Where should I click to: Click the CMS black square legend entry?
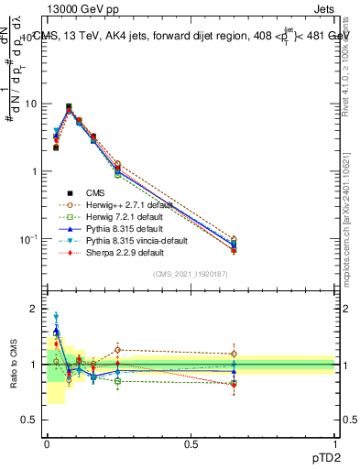pos(95,192)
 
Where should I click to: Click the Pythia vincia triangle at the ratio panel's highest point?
pos(56,316)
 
